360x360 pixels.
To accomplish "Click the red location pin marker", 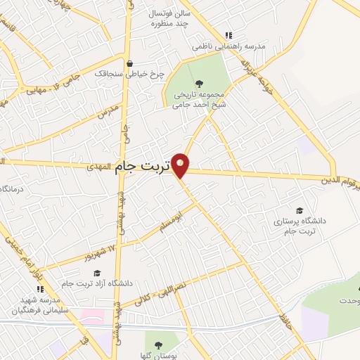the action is pyautogui.click(x=181, y=165).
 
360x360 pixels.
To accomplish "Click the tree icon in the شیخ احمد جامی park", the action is pyautogui.click(x=199, y=84).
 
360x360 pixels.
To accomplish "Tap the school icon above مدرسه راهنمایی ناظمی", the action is pyautogui.click(x=228, y=34).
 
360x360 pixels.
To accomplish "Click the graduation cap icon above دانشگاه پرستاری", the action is pyautogui.click(x=300, y=210).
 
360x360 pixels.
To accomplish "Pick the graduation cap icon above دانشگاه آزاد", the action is pyautogui.click(x=97, y=273).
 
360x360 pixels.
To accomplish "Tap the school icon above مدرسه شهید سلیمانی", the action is pyautogui.click(x=41, y=288).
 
